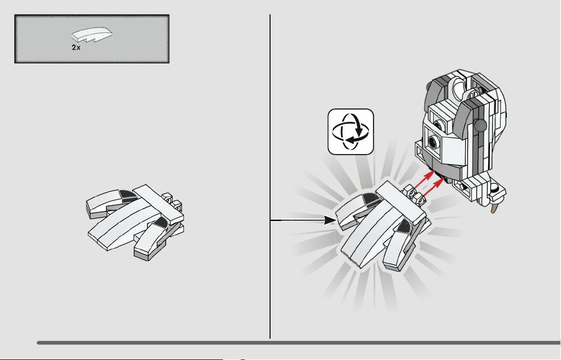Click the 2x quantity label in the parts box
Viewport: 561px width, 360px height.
tap(76, 48)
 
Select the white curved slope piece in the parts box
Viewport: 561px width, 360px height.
tap(92, 34)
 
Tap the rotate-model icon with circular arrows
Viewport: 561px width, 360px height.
tap(351, 132)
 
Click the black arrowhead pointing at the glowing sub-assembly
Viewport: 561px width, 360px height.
tap(330, 220)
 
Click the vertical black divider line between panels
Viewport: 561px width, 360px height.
tap(270, 176)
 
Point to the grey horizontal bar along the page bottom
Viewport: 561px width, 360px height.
tap(298, 343)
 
